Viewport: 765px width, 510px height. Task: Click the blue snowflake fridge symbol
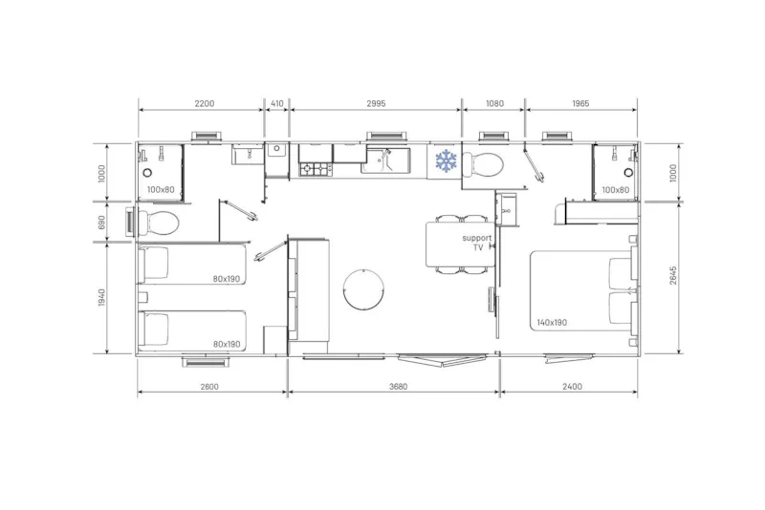click(446, 161)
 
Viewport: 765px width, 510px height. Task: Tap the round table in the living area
click(363, 289)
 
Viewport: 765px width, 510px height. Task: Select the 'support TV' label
click(477, 243)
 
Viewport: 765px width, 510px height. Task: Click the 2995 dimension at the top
click(376, 103)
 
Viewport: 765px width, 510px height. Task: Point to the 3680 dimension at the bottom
click(398, 387)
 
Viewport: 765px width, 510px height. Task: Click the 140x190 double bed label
click(552, 323)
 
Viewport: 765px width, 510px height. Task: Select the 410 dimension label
click(276, 103)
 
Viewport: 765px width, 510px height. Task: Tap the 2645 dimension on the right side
click(673, 276)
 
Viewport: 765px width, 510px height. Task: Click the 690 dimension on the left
click(101, 223)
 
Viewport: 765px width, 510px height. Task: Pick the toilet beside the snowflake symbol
click(482, 164)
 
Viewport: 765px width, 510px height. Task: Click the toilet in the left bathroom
click(159, 223)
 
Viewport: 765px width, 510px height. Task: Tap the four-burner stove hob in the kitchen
click(316, 169)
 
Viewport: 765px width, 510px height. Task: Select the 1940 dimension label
click(101, 298)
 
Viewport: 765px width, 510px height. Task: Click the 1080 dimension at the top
click(494, 103)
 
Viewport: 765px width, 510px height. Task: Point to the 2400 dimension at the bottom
click(572, 387)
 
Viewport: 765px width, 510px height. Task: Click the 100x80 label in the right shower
click(616, 190)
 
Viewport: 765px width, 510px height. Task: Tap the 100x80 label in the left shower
click(161, 190)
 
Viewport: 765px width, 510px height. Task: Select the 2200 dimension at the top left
click(205, 103)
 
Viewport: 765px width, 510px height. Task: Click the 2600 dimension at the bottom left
click(209, 387)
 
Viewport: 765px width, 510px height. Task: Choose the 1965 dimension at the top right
click(580, 103)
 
